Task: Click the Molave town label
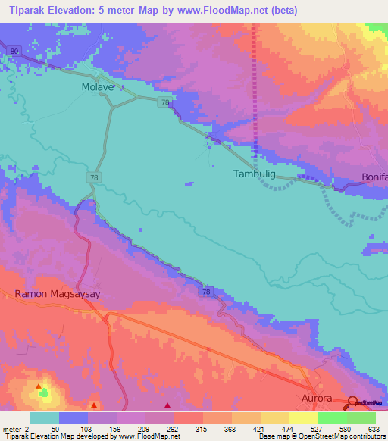(x=97, y=87)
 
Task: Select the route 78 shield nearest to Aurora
(x=206, y=292)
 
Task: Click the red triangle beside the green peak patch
(x=39, y=386)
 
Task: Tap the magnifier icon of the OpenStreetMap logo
(x=352, y=402)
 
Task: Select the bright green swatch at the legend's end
(x=361, y=418)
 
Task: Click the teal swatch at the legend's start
(x=45, y=418)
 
